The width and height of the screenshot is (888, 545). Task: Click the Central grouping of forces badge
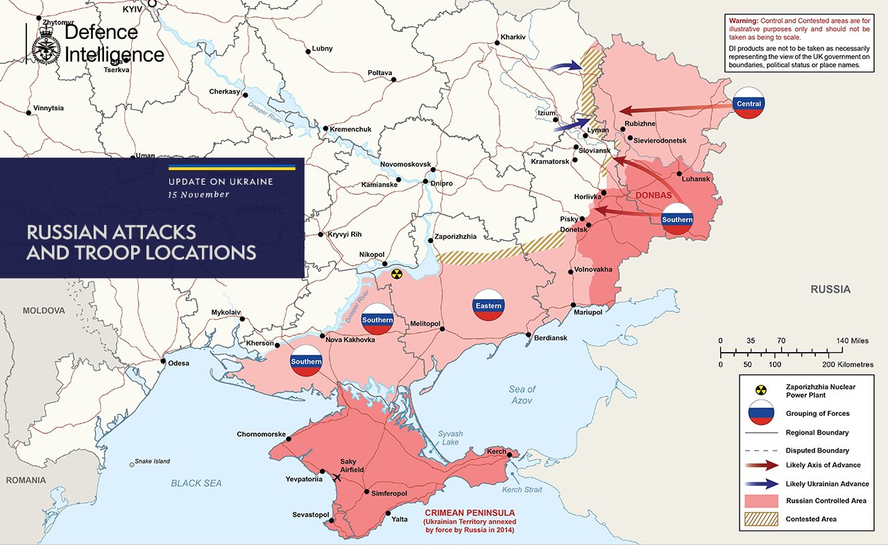coord(749,103)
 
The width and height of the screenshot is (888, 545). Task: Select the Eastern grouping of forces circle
coord(488,305)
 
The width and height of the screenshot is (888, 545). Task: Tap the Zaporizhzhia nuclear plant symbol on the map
coord(396,274)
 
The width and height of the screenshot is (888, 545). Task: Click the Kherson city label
coord(260,344)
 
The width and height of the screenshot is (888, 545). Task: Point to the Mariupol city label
coord(587,312)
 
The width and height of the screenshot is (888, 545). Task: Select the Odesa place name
coord(178,362)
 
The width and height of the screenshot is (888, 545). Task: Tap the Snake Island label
coord(152,461)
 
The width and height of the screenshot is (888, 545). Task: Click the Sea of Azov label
coord(522,394)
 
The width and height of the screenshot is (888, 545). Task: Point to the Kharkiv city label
coord(512,36)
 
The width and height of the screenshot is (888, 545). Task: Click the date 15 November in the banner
coord(198,194)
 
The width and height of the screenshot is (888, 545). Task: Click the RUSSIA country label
coord(830,290)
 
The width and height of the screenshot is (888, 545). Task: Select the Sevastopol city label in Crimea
coord(310,514)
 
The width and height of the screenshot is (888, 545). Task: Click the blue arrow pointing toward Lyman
coord(567,126)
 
